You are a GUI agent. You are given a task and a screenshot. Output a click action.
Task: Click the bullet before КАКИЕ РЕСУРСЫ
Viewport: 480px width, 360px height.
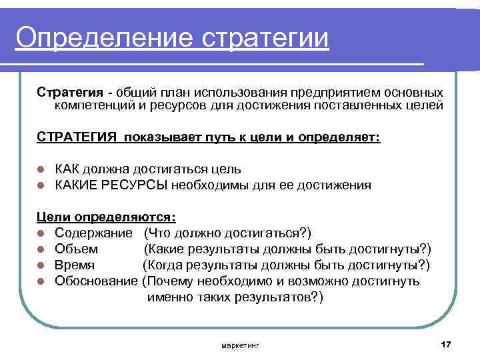41,185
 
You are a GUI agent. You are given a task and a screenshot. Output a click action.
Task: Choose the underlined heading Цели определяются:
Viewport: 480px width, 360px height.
105,217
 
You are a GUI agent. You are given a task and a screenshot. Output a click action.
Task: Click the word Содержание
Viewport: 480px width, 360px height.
96,233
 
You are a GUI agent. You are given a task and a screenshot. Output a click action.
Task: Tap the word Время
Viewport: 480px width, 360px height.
75,265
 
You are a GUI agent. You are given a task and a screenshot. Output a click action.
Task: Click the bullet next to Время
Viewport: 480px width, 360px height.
41,265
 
